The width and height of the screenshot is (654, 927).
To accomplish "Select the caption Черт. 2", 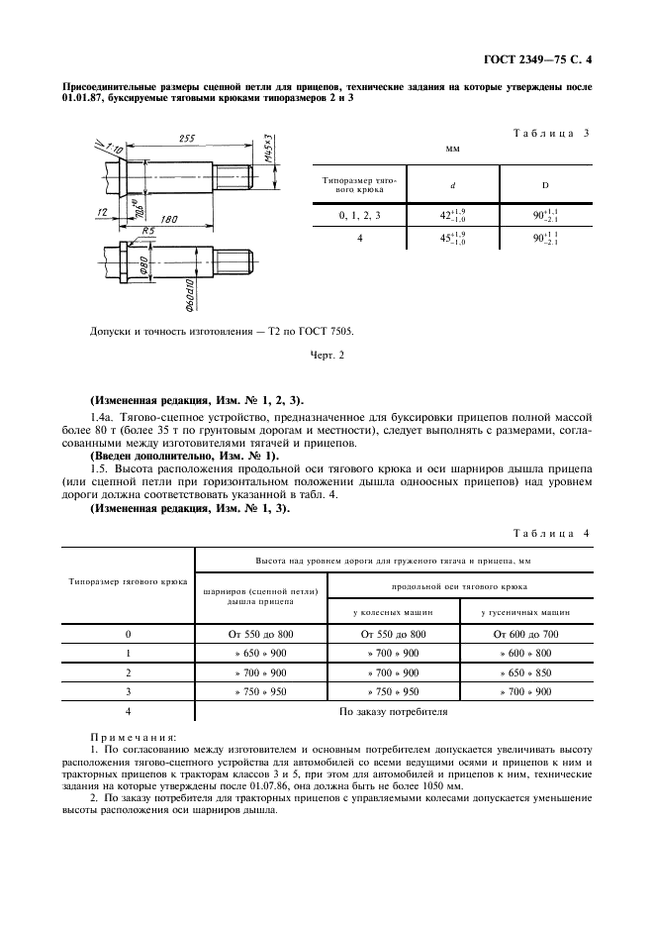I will click(x=327, y=355).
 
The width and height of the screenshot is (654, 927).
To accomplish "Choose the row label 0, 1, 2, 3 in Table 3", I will click(x=357, y=213).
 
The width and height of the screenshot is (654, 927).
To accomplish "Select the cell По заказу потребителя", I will click(x=394, y=711).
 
